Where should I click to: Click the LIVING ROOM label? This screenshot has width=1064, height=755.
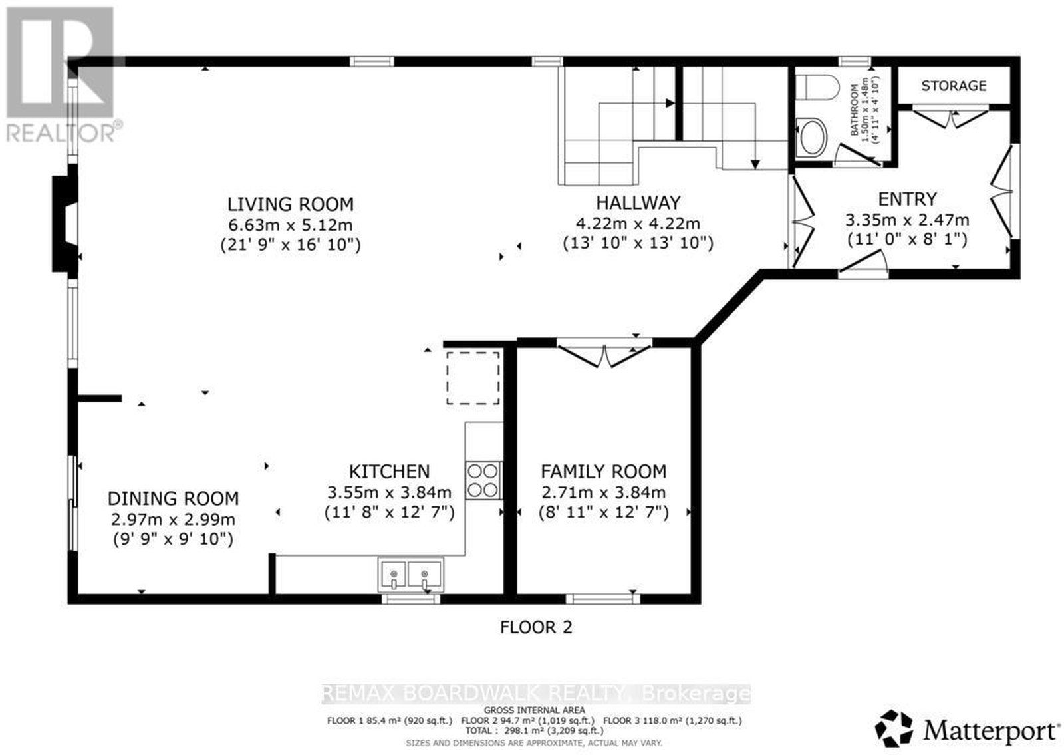290,204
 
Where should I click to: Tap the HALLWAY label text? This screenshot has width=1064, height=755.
638,203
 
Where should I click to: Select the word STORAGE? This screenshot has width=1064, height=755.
954,86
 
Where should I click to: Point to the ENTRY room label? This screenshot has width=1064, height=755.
907,199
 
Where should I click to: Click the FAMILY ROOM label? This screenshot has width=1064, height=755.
604,472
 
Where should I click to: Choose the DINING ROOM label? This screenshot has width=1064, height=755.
173,498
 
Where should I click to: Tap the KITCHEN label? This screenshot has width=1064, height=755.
389,472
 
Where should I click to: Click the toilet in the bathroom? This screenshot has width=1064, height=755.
817,88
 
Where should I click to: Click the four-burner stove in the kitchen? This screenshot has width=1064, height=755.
483,481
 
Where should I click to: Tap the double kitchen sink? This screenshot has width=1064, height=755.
410,575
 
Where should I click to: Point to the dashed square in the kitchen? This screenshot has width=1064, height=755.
473,378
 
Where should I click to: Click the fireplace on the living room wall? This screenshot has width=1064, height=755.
65,224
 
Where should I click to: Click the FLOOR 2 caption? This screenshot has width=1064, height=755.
536,627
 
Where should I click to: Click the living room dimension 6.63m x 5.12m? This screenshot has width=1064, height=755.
290,225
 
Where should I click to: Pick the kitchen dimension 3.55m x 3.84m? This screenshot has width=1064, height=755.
389,492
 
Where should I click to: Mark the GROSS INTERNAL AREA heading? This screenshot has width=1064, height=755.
535,710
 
